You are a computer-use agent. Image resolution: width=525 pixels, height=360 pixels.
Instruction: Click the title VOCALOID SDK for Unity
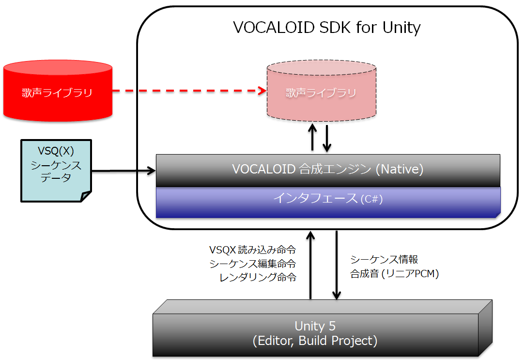[327, 27]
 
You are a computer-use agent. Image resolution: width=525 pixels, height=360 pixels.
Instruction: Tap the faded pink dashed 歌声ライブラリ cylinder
[322, 93]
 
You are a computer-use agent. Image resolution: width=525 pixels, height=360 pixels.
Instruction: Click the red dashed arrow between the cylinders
[189, 91]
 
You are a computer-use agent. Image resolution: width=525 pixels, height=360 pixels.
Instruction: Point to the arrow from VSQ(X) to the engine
[124, 171]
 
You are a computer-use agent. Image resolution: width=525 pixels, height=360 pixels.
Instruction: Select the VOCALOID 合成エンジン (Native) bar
[328, 170]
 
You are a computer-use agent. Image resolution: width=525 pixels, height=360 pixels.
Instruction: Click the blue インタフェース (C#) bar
[328, 200]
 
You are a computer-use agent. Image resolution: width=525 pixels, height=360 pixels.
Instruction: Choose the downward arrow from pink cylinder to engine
[327, 138]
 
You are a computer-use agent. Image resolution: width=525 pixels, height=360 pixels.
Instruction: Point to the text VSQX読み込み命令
[252, 250]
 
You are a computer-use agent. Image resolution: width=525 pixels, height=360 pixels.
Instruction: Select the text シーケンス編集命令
[252, 264]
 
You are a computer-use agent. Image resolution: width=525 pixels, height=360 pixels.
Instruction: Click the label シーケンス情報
[384, 259]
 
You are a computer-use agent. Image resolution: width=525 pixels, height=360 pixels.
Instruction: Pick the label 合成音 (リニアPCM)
[394, 274]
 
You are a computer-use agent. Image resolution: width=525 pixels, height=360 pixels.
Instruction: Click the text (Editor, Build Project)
[315, 341]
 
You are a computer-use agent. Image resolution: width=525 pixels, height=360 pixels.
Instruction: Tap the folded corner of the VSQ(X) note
[86, 196]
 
